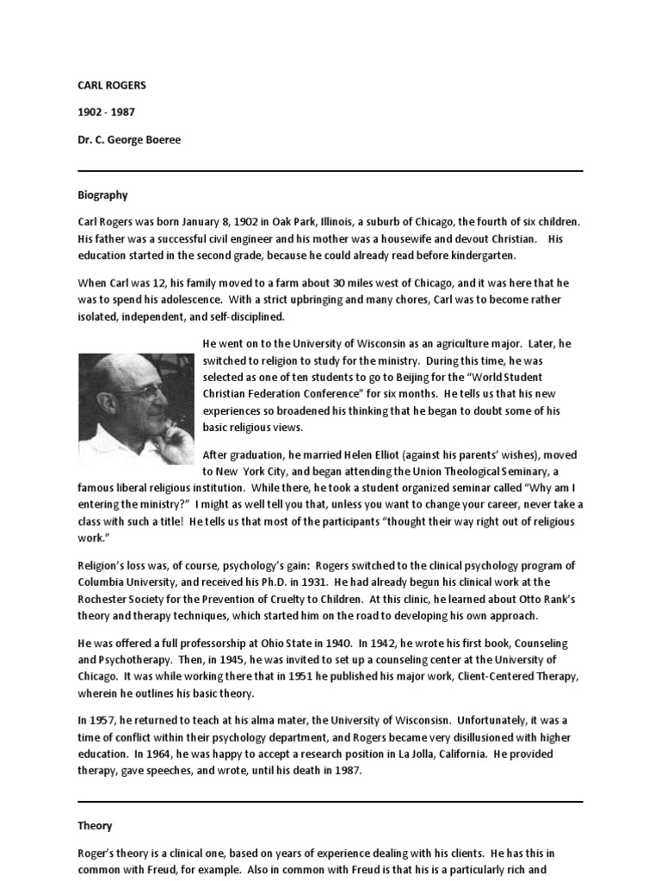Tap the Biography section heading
pos(102,195)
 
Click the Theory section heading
pos(95,825)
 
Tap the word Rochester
pos(106,599)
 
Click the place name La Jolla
pos(443,754)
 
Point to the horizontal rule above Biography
pos(330,171)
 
